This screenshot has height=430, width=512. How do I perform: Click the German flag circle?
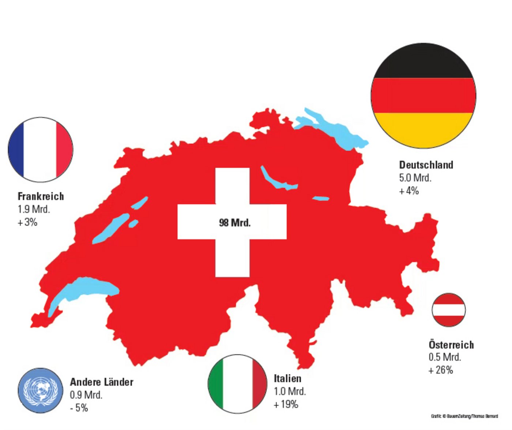[423, 96]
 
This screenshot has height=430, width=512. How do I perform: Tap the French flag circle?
[41, 149]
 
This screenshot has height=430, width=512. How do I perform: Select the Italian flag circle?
[238, 383]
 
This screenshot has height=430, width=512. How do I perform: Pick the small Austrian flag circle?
[448, 310]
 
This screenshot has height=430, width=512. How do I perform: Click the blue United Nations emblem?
[41, 390]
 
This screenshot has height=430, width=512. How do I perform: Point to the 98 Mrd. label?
[235, 223]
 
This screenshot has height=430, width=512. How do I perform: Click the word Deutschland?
[426, 165]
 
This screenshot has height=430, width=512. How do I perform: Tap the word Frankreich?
[41, 196]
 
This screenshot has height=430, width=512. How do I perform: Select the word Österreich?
[451, 345]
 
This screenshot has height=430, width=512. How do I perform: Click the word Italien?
[287, 378]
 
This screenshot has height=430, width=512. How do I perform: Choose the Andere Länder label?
[101, 382]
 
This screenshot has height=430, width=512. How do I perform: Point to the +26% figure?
[441, 370]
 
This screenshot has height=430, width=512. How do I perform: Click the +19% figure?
[286, 404]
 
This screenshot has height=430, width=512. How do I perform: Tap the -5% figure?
[79, 408]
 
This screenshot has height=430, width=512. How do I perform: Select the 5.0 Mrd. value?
[415, 178]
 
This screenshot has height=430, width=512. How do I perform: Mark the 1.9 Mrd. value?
[34, 209]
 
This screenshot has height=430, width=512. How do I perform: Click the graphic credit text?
[464, 416]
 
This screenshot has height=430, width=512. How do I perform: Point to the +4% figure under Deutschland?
[409, 191]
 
